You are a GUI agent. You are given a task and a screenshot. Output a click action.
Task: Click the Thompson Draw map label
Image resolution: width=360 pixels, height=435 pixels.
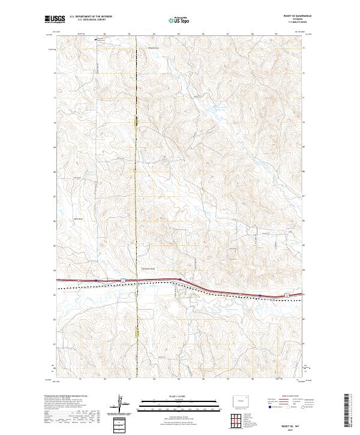[x=148, y=268]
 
